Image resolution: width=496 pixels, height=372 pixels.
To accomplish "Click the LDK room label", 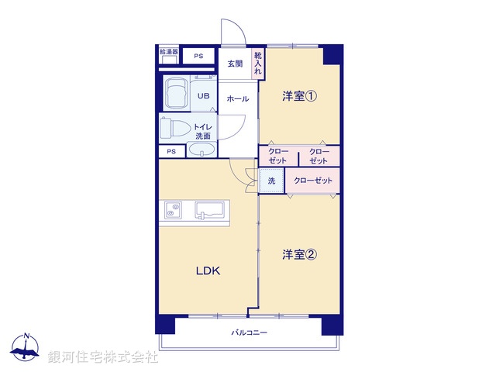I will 208,270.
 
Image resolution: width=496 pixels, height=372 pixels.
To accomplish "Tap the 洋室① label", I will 299,96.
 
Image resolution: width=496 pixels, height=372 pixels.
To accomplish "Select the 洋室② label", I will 299,253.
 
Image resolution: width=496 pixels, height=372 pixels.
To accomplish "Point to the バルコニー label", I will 249,332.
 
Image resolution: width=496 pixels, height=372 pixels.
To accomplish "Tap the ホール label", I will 238,99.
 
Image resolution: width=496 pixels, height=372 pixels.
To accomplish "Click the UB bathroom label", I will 203,96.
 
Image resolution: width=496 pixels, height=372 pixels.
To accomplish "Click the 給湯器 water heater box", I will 168,55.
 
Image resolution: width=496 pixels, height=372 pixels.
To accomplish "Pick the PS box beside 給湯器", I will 199,56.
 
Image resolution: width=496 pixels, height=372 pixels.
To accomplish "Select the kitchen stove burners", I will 172,209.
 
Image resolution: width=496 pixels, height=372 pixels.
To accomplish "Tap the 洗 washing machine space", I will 271,181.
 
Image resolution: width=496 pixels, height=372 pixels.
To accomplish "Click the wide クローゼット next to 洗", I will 313,181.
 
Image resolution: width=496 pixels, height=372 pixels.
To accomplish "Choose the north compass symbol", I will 26,347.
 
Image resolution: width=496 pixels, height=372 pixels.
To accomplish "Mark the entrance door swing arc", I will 232,31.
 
